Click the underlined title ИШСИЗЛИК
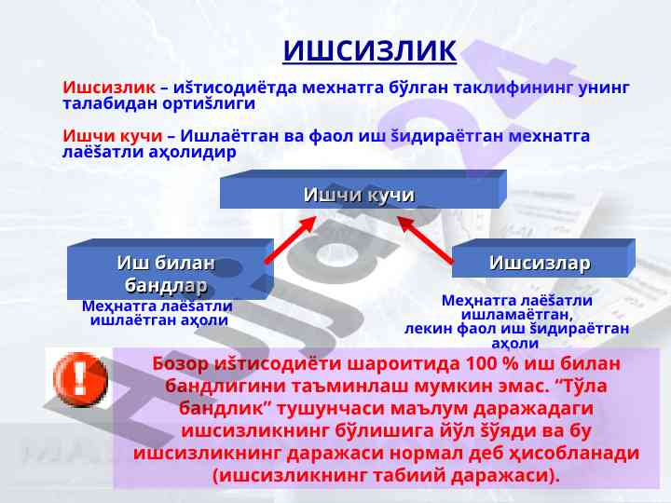tap(370, 51)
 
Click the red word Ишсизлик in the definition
tap(109, 88)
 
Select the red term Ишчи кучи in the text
tap(113, 136)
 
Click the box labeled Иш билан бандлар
tap(171, 269)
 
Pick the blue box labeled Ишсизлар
tap(543, 258)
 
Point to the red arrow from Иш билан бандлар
tap(291, 239)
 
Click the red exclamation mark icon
tap(80, 379)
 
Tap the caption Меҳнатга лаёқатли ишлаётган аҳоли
tap(157, 313)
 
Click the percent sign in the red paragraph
tap(510, 363)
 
